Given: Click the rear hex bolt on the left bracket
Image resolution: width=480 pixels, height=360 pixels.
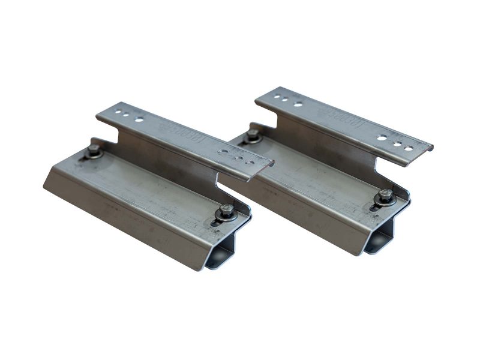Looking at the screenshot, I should (95, 150).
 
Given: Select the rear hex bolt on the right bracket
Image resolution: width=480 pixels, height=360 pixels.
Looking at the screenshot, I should (253, 134).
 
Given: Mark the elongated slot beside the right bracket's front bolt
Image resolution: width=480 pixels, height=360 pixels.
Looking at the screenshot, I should (374, 206).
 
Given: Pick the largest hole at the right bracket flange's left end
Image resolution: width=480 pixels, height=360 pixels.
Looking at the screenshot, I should (298, 104).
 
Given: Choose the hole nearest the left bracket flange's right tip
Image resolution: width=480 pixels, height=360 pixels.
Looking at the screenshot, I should (250, 163).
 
